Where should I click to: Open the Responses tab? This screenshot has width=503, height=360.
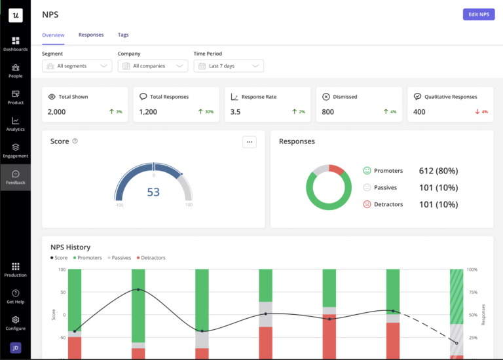pyautogui.click(x=91, y=35)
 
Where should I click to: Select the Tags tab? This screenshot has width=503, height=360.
pyautogui.click(x=123, y=35)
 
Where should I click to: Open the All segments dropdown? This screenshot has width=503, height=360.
pyautogui.click(x=77, y=66)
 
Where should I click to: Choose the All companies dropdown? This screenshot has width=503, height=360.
pyautogui.click(x=153, y=66)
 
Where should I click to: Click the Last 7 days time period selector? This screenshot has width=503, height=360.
pyautogui.click(x=229, y=66)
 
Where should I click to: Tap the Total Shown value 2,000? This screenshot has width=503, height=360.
pyautogui.click(x=57, y=112)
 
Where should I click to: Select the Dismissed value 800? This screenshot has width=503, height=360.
pyautogui.click(x=328, y=112)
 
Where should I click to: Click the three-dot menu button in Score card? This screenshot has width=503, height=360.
pyautogui.click(x=249, y=142)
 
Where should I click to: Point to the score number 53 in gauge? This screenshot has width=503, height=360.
pyautogui.click(x=153, y=192)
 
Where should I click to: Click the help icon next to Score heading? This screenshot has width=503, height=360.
pyautogui.click(x=75, y=141)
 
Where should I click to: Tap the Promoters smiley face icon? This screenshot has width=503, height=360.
pyautogui.click(x=367, y=171)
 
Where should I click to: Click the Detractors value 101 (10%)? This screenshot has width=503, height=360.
pyautogui.click(x=438, y=204)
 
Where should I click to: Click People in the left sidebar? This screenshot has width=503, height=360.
pyautogui.click(x=15, y=71)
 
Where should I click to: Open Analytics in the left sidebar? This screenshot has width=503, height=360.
pyautogui.click(x=15, y=124)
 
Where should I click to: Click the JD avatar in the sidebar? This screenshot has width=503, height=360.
pyautogui.click(x=16, y=348)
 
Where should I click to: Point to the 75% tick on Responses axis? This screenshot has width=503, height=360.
pyautogui.click(x=472, y=293)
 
